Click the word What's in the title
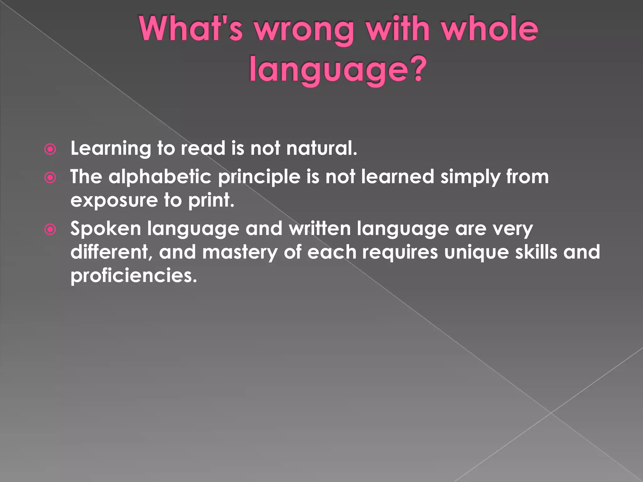[x=191, y=29]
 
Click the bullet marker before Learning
[x=50, y=149]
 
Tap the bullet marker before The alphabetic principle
[x=50, y=178]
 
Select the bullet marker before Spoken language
[x=50, y=229]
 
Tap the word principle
[x=259, y=178]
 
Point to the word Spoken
[x=105, y=229]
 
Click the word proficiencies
[x=133, y=276]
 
